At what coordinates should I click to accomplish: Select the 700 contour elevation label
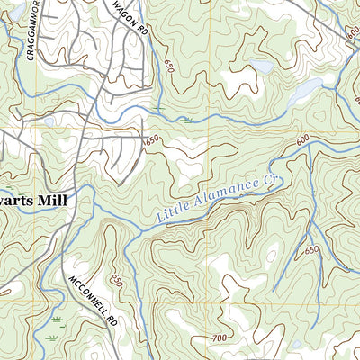[x=220, y=337]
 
